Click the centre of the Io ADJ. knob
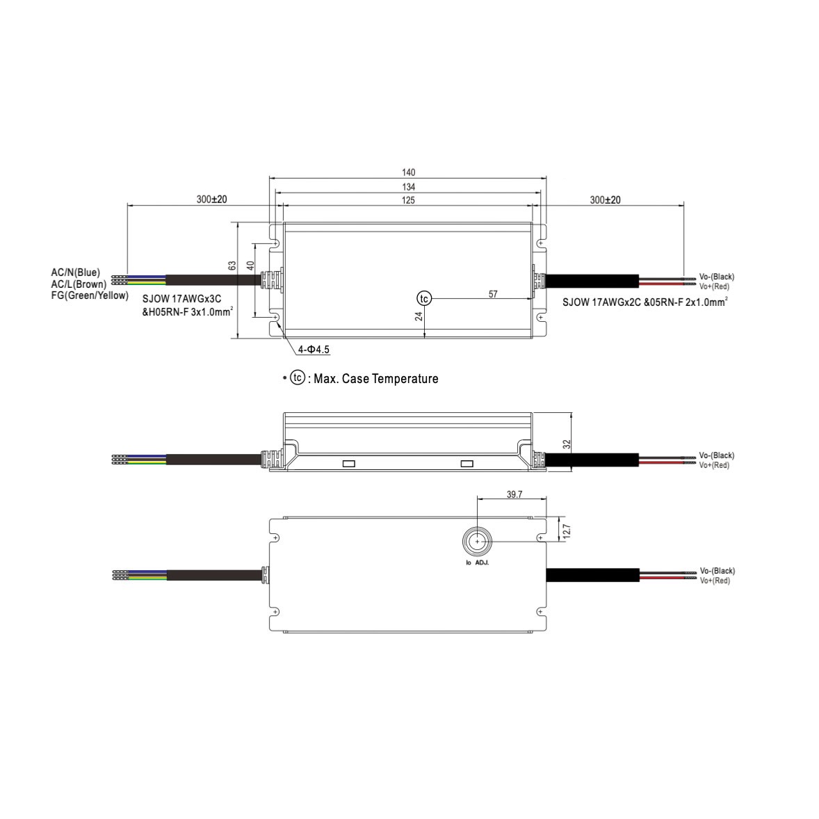(477, 542)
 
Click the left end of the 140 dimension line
(270, 178)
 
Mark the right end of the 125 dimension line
(533, 206)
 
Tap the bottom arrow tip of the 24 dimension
(425, 338)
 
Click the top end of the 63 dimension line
(238, 223)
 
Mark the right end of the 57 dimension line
(533, 299)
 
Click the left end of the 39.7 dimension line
(478, 498)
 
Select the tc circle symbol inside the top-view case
(424, 298)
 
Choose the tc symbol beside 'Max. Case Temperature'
(297, 378)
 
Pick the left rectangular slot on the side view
(348, 464)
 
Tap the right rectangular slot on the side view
(467, 464)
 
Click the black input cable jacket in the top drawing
(213, 280)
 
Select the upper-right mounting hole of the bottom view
(541, 538)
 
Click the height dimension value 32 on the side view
(567, 444)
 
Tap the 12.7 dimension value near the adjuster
(567, 531)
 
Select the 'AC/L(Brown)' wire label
(79, 284)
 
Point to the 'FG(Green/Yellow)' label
(90, 295)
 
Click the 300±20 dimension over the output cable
(606, 200)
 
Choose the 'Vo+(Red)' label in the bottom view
(715, 581)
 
